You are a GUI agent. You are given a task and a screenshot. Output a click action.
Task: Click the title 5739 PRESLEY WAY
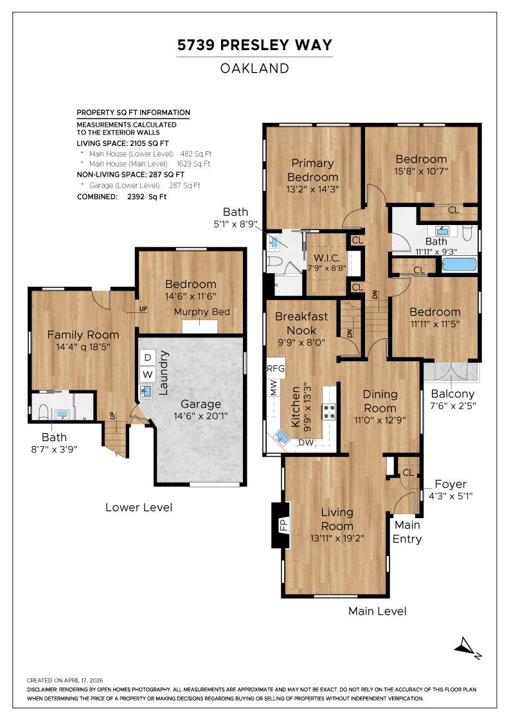(254, 45)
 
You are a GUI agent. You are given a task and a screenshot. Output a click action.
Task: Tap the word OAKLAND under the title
(254, 68)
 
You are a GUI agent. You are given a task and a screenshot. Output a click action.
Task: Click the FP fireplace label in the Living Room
(281, 525)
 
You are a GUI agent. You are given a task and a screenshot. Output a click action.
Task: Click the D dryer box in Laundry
(148, 357)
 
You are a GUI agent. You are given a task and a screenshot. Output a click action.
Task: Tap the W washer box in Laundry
(148, 373)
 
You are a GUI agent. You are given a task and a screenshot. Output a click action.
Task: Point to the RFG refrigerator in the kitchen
(276, 369)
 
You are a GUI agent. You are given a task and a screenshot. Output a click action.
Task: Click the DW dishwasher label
(306, 442)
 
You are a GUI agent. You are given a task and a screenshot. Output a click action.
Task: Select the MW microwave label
(273, 389)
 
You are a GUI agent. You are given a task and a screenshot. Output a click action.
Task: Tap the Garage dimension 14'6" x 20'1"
(201, 417)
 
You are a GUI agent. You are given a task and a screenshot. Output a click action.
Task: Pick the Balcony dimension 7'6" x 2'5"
(452, 406)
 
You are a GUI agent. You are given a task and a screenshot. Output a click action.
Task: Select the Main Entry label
(407, 532)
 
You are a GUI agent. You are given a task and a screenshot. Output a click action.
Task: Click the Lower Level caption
(139, 507)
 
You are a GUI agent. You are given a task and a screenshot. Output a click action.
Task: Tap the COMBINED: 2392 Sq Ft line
(121, 197)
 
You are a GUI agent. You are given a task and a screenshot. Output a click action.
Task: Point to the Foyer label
(451, 484)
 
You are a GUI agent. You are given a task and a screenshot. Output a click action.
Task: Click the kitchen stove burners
(330, 411)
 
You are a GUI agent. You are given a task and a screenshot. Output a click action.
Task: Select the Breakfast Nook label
(301, 323)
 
